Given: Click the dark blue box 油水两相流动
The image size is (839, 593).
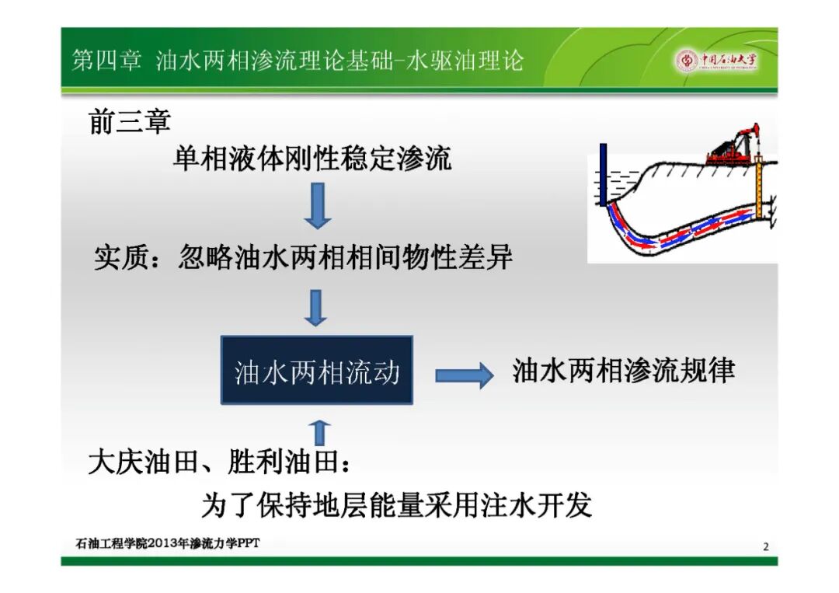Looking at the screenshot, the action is pyautogui.click(x=317, y=370).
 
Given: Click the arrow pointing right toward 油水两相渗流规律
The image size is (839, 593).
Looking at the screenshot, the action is pyautogui.click(x=464, y=375).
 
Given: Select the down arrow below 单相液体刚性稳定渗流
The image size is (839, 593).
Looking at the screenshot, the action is pyautogui.click(x=318, y=206).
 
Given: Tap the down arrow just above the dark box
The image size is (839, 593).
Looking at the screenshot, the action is pyautogui.click(x=315, y=308).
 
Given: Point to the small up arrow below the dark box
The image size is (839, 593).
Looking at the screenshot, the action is pyautogui.click(x=319, y=432).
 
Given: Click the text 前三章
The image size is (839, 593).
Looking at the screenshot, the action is pyautogui.click(x=130, y=121).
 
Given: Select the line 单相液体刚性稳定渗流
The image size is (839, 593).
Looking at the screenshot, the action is pyautogui.click(x=312, y=159).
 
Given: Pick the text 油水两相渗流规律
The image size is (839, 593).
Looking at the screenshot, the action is pyautogui.click(x=623, y=371).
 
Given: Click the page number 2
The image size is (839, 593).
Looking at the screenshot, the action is pyautogui.click(x=766, y=546).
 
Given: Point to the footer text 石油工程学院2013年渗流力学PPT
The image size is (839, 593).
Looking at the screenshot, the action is pyautogui.click(x=168, y=543).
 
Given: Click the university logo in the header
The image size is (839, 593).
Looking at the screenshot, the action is pyautogui.click(x=716, y=61).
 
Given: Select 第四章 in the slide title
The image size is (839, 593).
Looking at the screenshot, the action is pyautogui.click(x=106, y=60).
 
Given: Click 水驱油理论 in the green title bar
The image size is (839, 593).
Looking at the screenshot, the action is pyautogui.click(x=465, y=60).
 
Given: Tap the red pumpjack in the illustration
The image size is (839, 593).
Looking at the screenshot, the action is pyautogui.click(x=733, y=145).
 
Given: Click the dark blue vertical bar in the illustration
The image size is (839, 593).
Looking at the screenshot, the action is pyautogui.click(x=603, y=174).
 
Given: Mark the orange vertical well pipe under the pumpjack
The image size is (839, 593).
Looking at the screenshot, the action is pyautogui.click(x=759, y=187).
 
